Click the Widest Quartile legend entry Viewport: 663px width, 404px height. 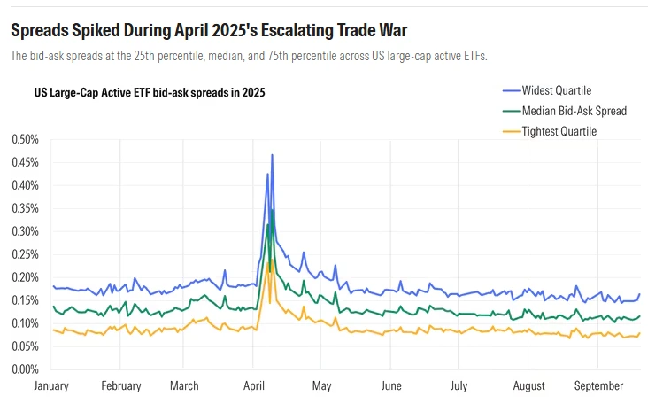point(556,90)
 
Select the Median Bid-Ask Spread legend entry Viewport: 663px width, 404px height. point(574,111)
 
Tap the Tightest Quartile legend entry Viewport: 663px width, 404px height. point(559,131)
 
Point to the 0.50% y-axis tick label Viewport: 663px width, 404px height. point(27,140)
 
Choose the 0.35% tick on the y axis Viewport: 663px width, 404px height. point(27,209)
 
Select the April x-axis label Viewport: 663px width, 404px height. point(254,386)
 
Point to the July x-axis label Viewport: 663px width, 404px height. point(459,386)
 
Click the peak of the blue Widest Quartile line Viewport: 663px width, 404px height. point(272,155)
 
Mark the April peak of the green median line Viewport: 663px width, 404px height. point(272,211)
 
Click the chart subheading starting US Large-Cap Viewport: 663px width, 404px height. point(150,92)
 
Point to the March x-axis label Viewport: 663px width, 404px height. point(184,386)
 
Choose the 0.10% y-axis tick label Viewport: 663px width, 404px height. point(27,323)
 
